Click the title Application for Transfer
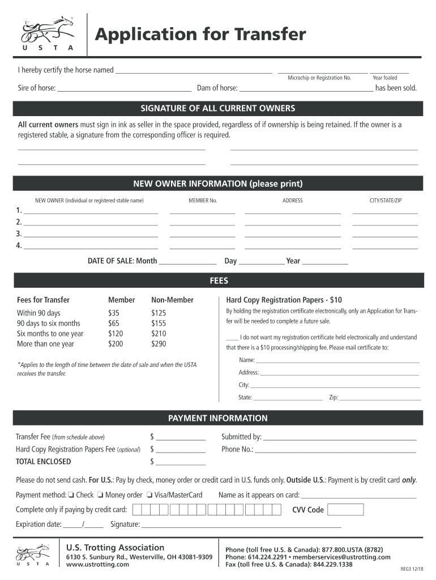pyautogui.click(x=200, y=35)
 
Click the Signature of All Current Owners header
pyautogui.click(x=218, y=108)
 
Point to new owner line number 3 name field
pyautogui.click(x=91, y=234)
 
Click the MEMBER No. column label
pyautogui.click(x=203, y=201)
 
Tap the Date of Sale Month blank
pyautogui.click(x=187, y=262)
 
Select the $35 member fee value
pyautogui.click(x=114, y=313)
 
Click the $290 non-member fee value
pyautogui.click(x=159, y=344)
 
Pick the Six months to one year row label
pyautogui.click(x=50, y=334)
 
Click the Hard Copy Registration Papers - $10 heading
pyautogui.click(x=284, y=300)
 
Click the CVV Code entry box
pyautogui.click(x=345, y=509)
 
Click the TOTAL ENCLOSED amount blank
pyautogui.click(x=180, y=462)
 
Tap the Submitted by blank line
pyautogui.click(x=340, y=437)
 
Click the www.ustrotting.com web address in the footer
pyautogui.click(x=93, y=565)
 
